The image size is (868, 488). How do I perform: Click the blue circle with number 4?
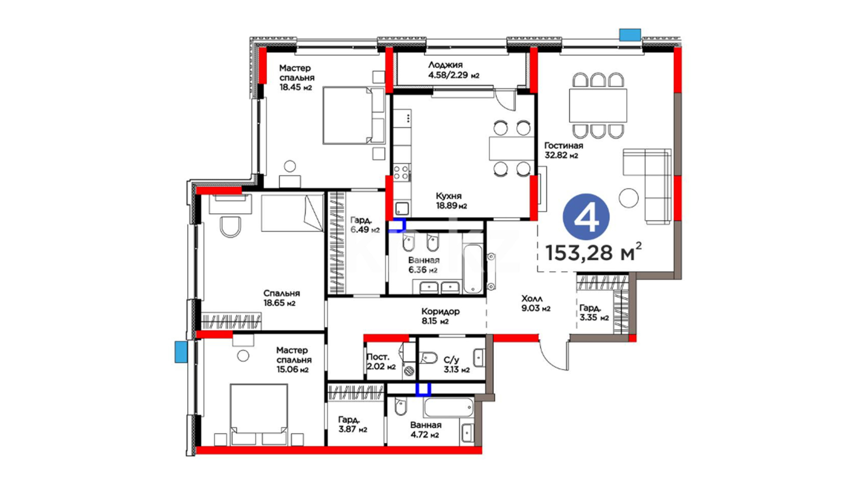point(586,217)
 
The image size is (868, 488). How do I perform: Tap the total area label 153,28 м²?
point(594,252)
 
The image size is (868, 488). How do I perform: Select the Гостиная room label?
point(563,145)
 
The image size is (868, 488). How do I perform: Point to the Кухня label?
point(448,196)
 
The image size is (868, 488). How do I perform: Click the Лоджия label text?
point(445,65)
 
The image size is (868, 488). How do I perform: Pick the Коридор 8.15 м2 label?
point(440,316)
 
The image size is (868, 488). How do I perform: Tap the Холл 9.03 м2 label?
point(536,304)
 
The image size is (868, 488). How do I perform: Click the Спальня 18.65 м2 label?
point(281,298)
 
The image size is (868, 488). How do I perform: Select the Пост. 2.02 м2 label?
point(381,362)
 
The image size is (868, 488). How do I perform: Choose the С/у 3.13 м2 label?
point(456,365)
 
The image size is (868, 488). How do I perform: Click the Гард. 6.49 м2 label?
point(365,225)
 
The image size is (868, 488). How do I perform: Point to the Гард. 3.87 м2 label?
point(353,424)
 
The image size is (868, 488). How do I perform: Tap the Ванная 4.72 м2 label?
point(425,430)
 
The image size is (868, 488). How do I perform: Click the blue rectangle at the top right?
point(630,35)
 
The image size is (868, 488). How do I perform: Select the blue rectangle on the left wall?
point(181,352)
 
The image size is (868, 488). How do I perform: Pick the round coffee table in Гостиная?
point(628,197)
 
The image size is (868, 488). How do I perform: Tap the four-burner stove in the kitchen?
point(401,172)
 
